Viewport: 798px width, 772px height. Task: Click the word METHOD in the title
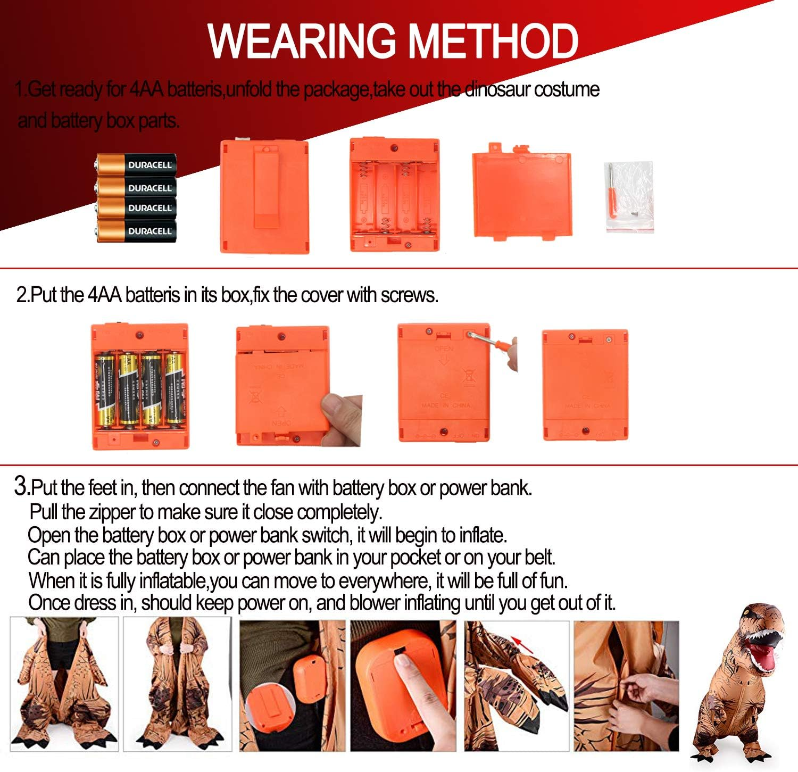494,41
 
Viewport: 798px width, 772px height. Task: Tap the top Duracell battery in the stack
137,165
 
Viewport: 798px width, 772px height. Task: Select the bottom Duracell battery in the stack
137,231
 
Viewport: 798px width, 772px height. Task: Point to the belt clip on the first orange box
264,186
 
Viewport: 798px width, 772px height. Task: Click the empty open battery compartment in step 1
395,195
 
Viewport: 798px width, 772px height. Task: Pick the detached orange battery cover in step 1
521,194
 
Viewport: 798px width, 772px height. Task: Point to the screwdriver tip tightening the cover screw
471,335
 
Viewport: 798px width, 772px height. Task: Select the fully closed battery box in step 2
585,385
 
